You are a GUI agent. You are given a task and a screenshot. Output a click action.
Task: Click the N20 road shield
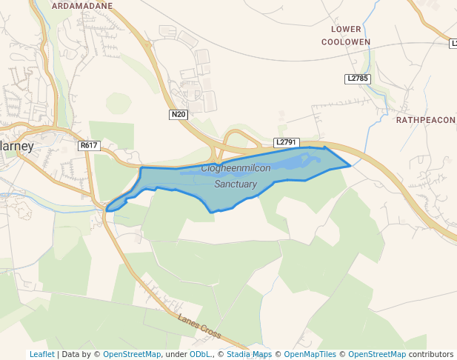pos(179,114)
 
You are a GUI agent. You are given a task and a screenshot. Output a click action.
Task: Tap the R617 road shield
pos(89,145)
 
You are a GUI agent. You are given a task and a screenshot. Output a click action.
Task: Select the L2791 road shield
pos(285,141)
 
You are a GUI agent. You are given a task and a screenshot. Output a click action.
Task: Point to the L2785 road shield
pos(357,78)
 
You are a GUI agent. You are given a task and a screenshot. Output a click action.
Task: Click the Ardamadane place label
pos(82,5)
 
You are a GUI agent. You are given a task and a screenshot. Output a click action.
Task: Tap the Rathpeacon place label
pos(425,119)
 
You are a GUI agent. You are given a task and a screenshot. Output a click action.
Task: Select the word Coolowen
pos(346,42)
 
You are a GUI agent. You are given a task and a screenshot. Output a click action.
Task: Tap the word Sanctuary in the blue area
pos(236,184)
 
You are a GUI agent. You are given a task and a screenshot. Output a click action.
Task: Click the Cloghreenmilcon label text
pos(236,168)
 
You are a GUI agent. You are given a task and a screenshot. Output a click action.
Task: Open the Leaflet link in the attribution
pos(41,354)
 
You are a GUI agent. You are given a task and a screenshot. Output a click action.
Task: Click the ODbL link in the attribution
pos(200,354)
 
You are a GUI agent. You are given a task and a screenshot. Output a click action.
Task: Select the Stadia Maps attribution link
pos(249,354)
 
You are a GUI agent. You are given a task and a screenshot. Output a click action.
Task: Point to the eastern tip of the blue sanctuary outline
pos(350,166)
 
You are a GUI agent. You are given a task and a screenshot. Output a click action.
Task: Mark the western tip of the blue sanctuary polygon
pos(107,210)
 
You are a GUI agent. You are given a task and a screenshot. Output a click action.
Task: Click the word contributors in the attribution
pos(431,354)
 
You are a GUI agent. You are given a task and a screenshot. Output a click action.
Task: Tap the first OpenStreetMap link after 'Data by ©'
pos(132,354)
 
